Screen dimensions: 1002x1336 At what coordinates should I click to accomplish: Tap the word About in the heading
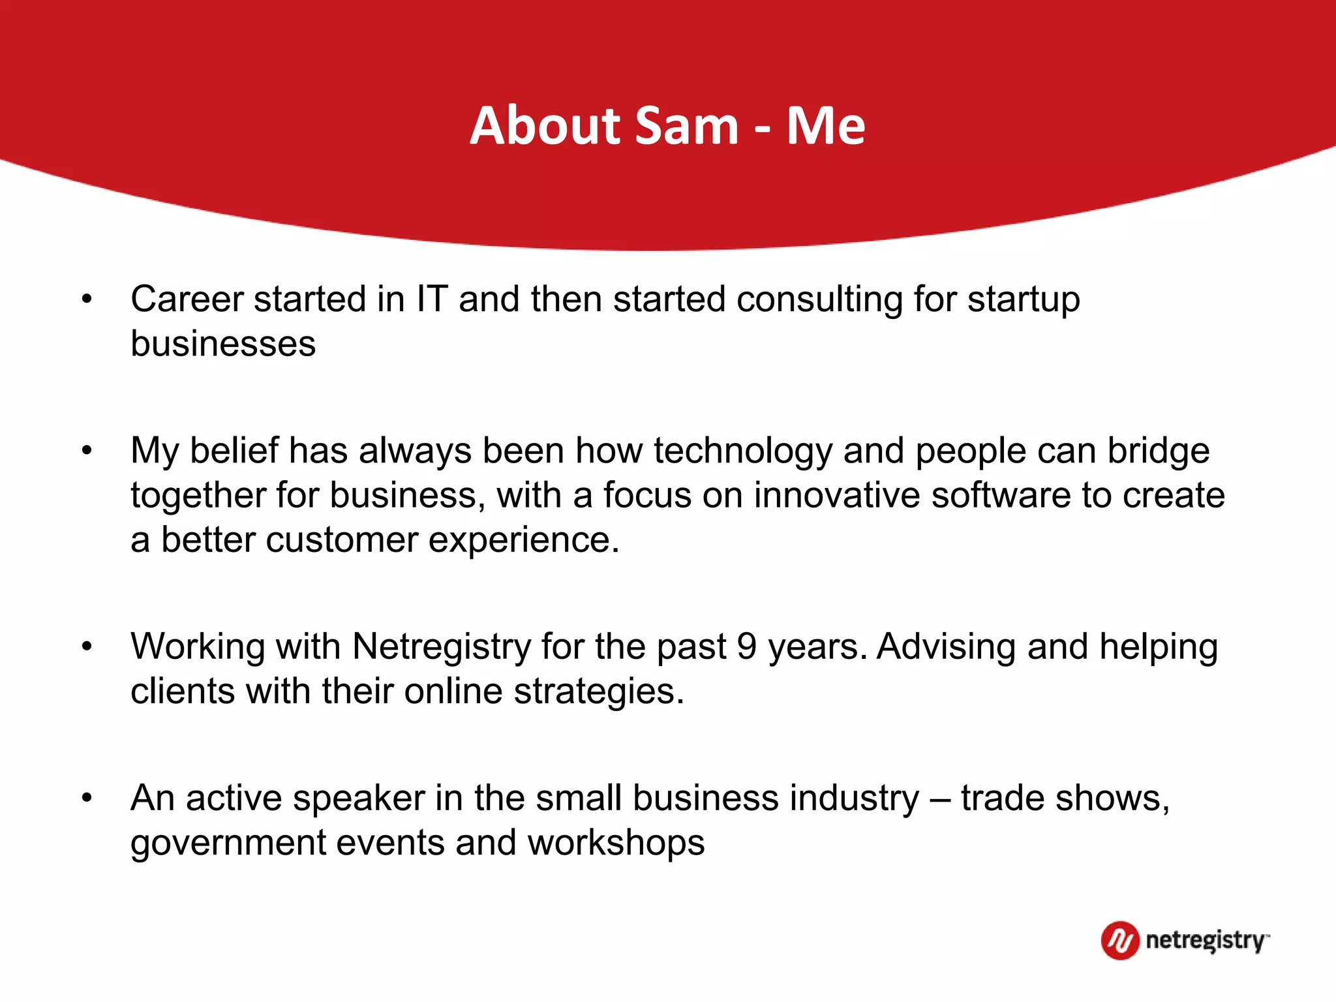coord(545,125)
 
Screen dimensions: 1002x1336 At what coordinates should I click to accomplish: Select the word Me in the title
coord(825,125)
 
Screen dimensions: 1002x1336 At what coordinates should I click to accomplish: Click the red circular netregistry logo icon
coord(1120,940)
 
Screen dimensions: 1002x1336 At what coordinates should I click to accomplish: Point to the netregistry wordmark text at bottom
coord(1207,941)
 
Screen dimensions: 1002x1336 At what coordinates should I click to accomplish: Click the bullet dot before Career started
coord(87,299)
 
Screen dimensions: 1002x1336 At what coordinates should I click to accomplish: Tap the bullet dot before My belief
coord(87,451)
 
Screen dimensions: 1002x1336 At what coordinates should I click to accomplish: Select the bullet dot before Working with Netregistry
coord(87,646)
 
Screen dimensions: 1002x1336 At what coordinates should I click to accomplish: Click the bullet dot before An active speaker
coord(87,798)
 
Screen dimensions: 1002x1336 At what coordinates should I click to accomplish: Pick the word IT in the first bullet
coord(432,299)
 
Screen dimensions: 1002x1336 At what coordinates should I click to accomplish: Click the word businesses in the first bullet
coord(223,344)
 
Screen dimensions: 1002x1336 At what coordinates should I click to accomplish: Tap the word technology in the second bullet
coord(743,451)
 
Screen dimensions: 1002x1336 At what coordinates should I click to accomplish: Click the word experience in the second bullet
coord(523,540)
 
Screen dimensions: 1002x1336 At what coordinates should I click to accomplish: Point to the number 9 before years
coord(746,646)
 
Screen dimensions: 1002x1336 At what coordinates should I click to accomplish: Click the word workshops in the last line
coord(616,843)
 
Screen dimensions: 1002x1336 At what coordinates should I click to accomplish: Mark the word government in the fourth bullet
coord(228,843)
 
